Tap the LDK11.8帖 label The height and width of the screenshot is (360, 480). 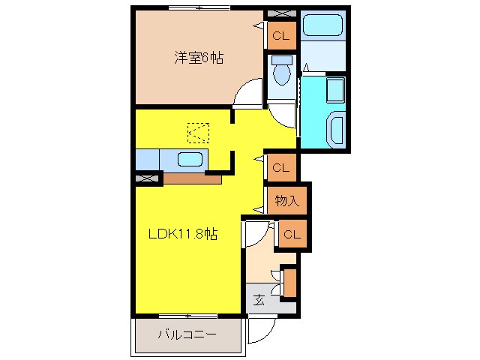(182, 234)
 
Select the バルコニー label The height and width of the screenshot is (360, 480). (187, 334)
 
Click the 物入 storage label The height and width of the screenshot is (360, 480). (287, 200)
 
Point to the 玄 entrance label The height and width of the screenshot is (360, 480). (259, 300)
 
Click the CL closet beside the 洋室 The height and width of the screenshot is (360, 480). (282, 34)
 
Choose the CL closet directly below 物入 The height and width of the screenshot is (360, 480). (291, 235)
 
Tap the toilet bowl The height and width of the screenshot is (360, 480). (283, 73)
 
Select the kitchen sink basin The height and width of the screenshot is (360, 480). (190, 160)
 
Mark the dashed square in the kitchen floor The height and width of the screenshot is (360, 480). (198, 133)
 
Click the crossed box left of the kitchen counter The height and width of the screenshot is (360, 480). (148, 178)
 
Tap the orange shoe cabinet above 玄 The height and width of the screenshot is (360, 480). (289, 282)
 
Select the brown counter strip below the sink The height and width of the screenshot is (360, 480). (192, 178)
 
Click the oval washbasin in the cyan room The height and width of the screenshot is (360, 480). (336, 130)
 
